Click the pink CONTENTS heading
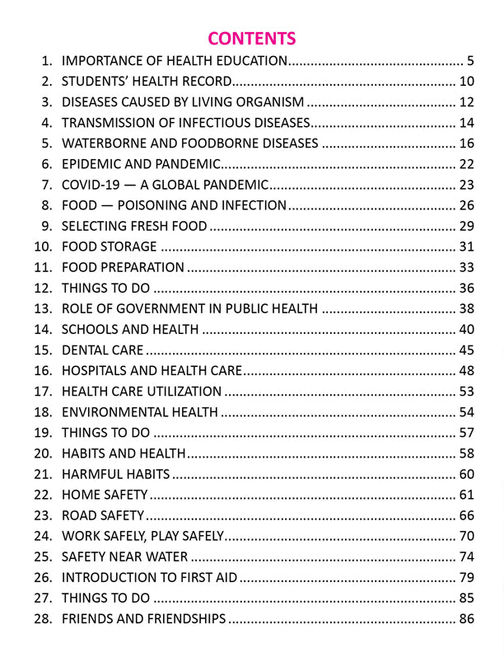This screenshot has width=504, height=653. click(x=251, y=38)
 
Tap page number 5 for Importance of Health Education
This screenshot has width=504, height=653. click(x=470, y=60)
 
